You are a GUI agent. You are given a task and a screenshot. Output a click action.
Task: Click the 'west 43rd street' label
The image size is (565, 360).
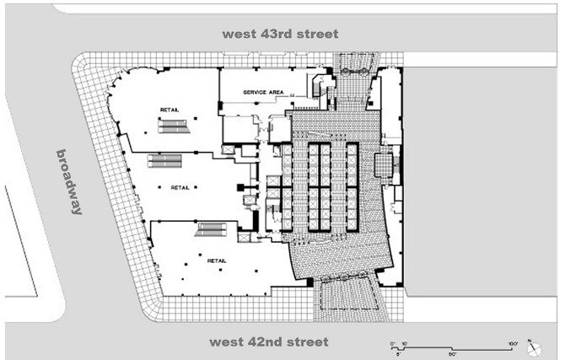[280, 34]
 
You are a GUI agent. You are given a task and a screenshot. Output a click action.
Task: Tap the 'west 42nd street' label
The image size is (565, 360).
[270, 341]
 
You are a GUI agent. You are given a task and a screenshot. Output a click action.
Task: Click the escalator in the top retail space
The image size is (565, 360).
[175, 126]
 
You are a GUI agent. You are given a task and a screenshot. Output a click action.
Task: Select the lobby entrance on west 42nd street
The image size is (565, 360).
[347, 299]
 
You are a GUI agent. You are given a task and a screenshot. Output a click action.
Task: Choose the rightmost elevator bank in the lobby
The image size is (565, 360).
[352, 186]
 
